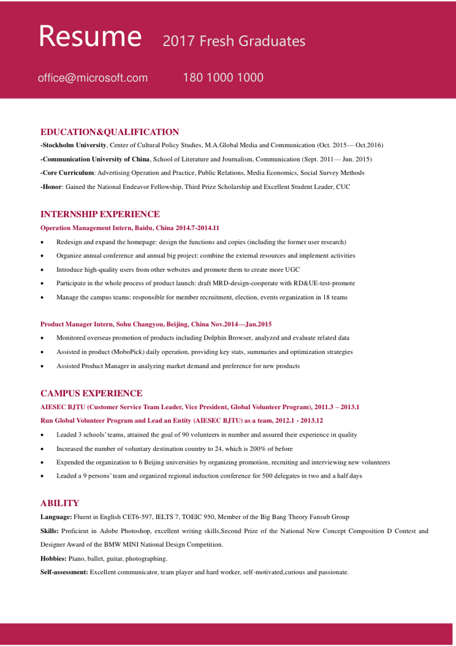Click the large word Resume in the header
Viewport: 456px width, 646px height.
click(x=90, y=37)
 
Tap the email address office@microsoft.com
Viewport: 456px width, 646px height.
click(x=93, y=78)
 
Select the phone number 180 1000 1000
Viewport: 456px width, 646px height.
click(x=223, y=78)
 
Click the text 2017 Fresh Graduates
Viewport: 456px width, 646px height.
click(x=234, y=41)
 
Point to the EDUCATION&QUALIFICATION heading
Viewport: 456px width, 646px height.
click(x=109, y=132)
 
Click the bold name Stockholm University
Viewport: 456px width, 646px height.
click(x=75, y=146)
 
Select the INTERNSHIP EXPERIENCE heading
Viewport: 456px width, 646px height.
click(x=100, y=215)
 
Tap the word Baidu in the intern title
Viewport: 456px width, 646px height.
click(x=144, y=228)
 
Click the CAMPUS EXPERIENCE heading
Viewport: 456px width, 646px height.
click(x=91, y=393)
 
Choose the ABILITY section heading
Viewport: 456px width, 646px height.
click(x=59, y=503)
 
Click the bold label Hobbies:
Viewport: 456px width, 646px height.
click(x=54, y=558)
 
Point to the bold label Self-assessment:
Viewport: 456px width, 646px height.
click(x=64, y=572)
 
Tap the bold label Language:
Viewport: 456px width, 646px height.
click(x=56, y=517)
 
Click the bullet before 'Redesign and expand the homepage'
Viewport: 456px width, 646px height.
click(x=42, y=243)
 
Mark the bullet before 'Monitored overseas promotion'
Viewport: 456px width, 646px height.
click(x=42, y=338)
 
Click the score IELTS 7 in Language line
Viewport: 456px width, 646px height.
click(x=167, y=517)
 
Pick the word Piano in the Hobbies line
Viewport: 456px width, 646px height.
click(x=77, y=558)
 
